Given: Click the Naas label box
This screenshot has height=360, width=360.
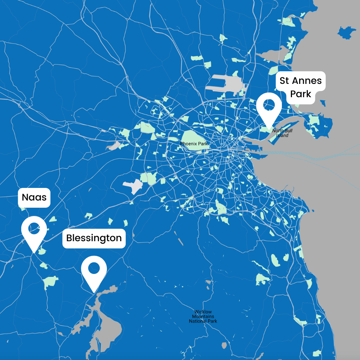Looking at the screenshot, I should [34, 198].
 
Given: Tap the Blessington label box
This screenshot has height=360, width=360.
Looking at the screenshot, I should [94, 238].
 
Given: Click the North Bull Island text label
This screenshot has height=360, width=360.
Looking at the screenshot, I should [282, 133].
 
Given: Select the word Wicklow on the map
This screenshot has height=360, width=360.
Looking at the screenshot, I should [203, 312].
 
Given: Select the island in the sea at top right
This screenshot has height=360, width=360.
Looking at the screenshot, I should [346, 32].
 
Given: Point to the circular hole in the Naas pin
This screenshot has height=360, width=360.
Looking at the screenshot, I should [34, 228].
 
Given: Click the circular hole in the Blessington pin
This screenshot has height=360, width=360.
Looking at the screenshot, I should [94, 267].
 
